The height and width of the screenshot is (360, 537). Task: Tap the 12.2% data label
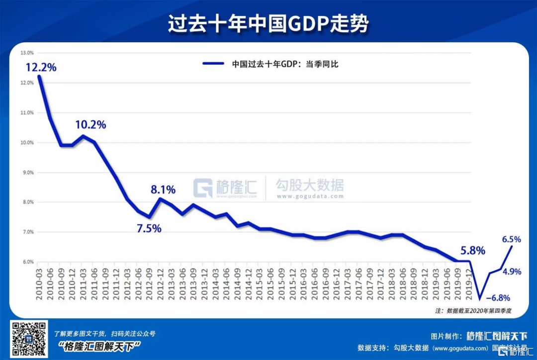point(41,67)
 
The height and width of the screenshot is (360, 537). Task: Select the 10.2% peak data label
point(90,125)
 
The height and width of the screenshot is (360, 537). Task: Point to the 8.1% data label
point(163,189)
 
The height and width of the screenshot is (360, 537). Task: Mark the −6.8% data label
point(497,298)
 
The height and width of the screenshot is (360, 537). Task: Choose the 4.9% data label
point(512,271)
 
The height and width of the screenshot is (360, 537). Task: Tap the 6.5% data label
point(512,239)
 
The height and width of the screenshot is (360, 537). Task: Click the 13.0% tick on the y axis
point(26,53)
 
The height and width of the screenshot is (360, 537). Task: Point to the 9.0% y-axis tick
point(26,173)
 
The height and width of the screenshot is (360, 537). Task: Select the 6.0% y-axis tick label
point(26,262)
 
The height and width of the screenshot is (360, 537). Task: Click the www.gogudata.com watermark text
point(310,196)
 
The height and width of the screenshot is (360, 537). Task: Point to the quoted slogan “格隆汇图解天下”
point(99,347)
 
